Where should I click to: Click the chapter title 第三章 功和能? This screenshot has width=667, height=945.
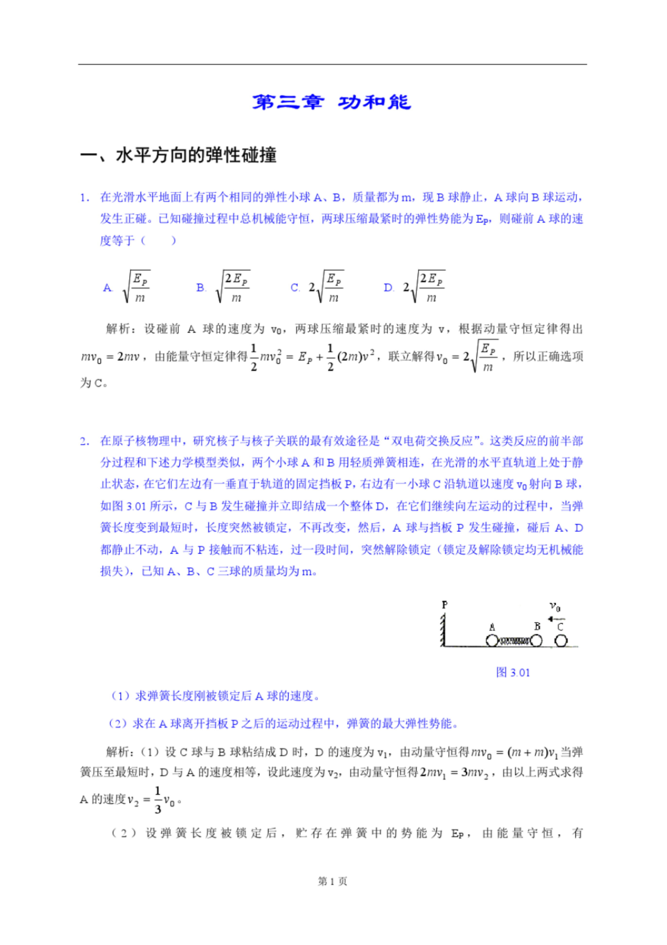[331, 102]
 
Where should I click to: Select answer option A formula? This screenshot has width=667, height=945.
[137, 287]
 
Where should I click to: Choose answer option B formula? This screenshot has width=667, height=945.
[233, 287]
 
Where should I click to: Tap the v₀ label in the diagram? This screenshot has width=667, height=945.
[555, 607]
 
